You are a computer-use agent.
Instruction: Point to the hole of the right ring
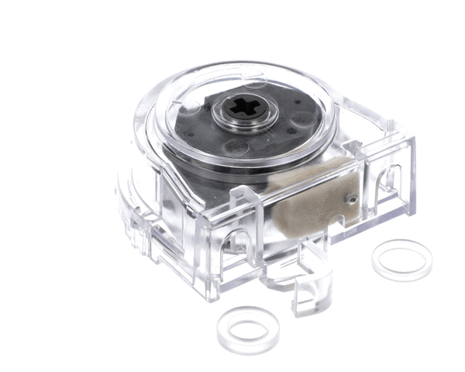401,260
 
